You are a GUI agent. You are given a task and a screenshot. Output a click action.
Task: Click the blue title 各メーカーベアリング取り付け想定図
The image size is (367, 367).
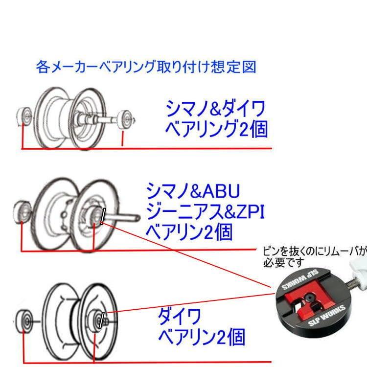click(x=146, y=67)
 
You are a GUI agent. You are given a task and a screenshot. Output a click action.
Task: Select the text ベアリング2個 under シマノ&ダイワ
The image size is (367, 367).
click(x=216, y=128)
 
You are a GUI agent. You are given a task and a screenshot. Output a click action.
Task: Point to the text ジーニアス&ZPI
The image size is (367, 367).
click(x=205, y=211)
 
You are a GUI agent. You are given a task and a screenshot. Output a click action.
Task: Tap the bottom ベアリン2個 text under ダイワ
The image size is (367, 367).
click(x=202, y=337)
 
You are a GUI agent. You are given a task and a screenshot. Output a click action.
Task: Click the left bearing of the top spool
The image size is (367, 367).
click(x=24, y=115)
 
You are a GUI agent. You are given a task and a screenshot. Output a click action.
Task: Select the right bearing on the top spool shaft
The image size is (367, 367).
click(x=125, y=118)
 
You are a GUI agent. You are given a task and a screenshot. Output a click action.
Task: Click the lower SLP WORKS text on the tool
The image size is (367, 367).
click(x=326, y=319)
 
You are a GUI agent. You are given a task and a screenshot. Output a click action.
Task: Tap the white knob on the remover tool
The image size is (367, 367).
click(x=359, y=267)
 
